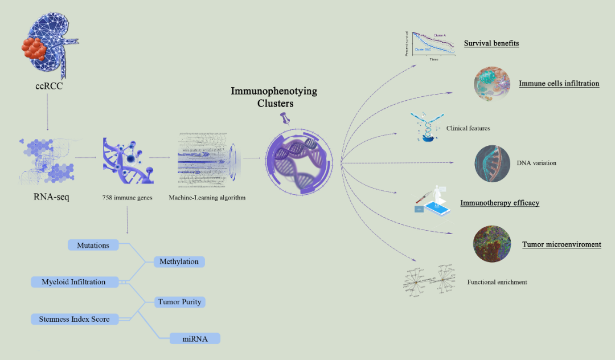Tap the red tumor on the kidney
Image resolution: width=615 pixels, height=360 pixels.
tap(36, 50)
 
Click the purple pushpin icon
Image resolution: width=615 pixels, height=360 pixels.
tap(285, 118)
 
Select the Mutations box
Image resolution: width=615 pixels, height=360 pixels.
tap(93, 245)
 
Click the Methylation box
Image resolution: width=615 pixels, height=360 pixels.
tap(179, 261)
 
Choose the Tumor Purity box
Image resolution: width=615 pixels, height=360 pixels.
tap(179, 301)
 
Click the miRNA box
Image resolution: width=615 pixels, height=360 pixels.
tap(195, 338)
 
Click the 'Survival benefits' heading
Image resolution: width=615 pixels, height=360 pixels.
tap(491, 43)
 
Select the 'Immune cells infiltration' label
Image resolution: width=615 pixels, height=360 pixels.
tap(559, 84)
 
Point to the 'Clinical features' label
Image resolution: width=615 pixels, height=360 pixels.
tap(468, 129)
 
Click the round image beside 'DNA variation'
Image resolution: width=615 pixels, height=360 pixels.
tap(493, 163)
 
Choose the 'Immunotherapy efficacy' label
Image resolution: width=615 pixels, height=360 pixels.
tap(499, 203)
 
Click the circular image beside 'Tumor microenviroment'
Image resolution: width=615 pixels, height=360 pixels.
tap(491, 244)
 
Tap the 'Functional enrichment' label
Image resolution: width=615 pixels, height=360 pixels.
tap(497, 282)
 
